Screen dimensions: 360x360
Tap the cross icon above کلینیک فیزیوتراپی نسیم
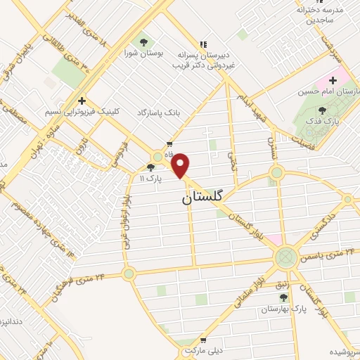(x=83, y=101)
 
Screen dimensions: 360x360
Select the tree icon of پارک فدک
(x=322, y=110)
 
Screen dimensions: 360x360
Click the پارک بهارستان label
(x=289, y=309)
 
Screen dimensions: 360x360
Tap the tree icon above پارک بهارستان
(x=283, y=298)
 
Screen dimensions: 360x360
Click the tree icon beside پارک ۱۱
(x=150, y=168)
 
